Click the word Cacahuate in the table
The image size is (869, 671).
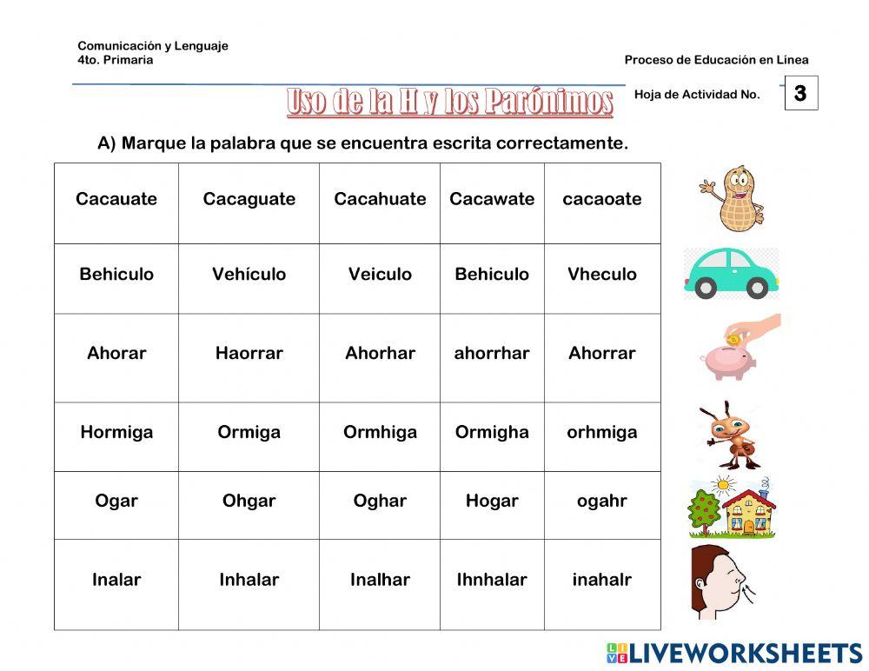(x=380, y=199)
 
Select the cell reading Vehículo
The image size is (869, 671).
(x=249, y=275)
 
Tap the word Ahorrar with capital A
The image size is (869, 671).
(x=601, y=354)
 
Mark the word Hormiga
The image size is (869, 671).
(x=116, y=432)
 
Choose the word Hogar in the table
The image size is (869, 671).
(x=492, y=502)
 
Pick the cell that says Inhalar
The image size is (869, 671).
(x=249, y=580)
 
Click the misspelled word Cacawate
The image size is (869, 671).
(x=492, y=199)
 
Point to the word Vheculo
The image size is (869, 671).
(x=601, y=275)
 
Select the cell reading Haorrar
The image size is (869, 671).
(x=249, y=354)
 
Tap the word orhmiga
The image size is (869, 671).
(x=601, y=432)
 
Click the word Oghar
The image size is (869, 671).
(x=380, y=502)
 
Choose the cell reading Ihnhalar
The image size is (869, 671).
(x=492, y=580)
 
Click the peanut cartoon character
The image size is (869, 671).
(x=731, y=200)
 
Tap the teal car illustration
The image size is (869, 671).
(x=732, y=273)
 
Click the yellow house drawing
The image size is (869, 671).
(x=749, y=511)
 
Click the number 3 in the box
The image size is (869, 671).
(x=800, y=93)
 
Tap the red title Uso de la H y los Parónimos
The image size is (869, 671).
(x=449, y=102)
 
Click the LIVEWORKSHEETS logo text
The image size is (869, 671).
(x=745, y=654)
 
